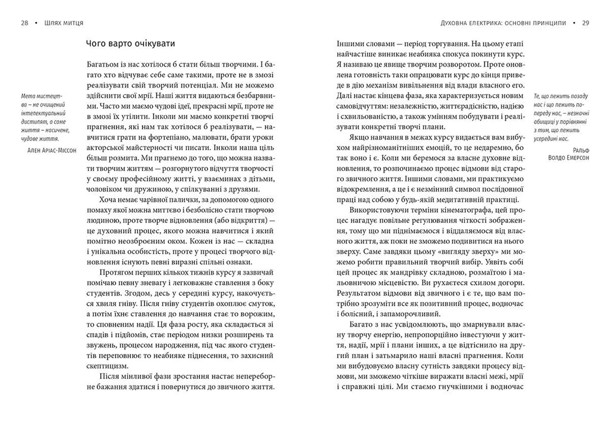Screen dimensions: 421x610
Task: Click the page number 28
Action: click(x=24, y=23)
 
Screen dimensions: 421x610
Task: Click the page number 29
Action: click(x=586, y=23)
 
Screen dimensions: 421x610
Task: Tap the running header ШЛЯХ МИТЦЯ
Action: click(x=64, y=23)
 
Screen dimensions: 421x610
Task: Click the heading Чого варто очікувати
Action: click(x=131, y=44)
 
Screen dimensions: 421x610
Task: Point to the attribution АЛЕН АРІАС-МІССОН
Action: click(x=52, y=151)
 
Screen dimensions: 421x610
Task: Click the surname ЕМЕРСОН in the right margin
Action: click(x=576, y=158)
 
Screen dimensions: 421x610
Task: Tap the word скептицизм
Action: click(x=107, y=366)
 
